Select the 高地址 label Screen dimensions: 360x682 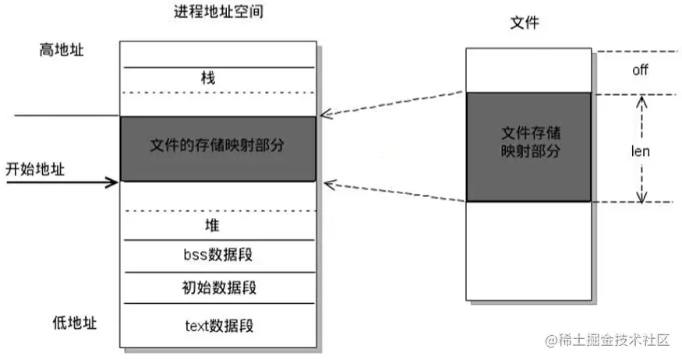coord(62,50)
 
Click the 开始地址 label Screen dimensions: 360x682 coord(36,168)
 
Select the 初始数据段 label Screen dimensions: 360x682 coord(217,287)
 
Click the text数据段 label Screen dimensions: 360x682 coord(217,325)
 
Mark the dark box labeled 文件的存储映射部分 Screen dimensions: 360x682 coord(217,147)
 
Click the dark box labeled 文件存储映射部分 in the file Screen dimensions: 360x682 coord(528,146)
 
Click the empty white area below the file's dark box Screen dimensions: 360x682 coord(528,249)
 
